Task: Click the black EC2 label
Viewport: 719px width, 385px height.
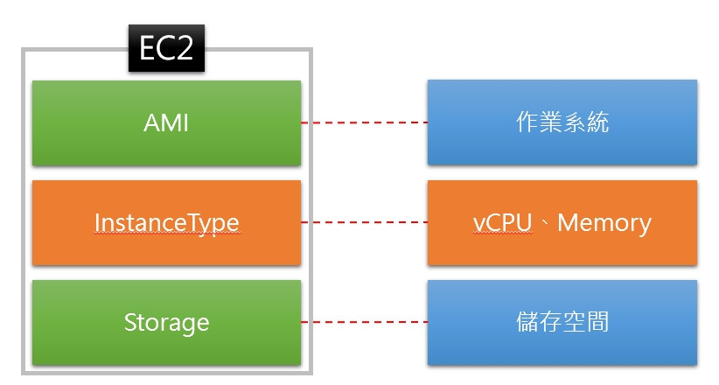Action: click(x=166, y=48)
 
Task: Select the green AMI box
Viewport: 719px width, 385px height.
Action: click(x=166, y=123)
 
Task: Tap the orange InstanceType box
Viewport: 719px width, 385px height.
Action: click(x=166, y=222)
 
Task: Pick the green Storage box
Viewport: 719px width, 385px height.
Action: click(x=166, y=323)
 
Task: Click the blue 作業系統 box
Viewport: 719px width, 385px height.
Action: click(x=562, y=122)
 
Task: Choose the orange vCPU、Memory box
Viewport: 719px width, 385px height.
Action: click(x=562, y=222)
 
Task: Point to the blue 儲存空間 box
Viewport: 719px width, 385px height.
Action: click(x=562, y=323)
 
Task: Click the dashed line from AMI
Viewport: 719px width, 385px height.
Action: click(x=365, y=122)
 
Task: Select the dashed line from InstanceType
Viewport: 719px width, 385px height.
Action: click(x=365, y=222)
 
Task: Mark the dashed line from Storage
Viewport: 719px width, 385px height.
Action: click(x=365, y=322)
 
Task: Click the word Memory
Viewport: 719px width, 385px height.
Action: click(x=604, y=224)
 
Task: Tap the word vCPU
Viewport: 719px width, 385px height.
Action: click(x=502, y=223)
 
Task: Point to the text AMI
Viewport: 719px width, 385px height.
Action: click(x=166, y=123)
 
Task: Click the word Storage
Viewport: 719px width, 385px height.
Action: click(x=166, y=324)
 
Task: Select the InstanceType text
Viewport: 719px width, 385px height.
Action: click(x=166, y=224)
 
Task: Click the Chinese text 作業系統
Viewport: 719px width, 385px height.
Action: click(x=562, y=122)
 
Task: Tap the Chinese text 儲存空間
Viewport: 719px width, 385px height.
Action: click(x=562, y=322)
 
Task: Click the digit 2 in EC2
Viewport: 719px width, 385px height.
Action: click(x=185, y=49)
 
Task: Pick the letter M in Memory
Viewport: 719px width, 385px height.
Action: click(x=568, y=223)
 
